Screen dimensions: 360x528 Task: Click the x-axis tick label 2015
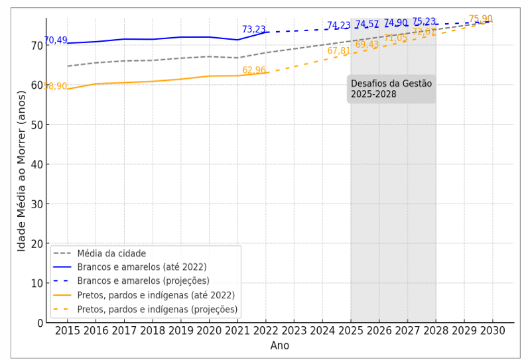[67, 331]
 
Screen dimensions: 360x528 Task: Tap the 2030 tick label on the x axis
[492, 331]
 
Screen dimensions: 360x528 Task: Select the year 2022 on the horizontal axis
[266, 331]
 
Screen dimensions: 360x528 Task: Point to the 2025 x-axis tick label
[351, 331]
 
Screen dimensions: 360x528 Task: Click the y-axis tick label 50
[37, 125]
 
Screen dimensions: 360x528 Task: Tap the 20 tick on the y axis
[37, 243]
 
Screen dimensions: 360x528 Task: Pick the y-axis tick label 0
[40, 323]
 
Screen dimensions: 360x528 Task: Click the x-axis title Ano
[279, 345]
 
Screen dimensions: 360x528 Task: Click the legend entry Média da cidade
[111, 253]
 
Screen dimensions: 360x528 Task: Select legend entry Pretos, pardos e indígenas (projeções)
[157, 310]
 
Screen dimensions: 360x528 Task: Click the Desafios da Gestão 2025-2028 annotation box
[391, 89]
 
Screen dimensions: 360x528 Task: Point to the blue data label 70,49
[56, 40]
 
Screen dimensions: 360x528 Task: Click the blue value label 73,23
[253, 30]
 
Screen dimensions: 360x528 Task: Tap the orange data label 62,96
[253, 70]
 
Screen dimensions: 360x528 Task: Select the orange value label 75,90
[480, 19]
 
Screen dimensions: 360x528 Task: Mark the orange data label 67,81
[338, 51]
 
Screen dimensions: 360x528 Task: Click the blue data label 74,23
[338, 26]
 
